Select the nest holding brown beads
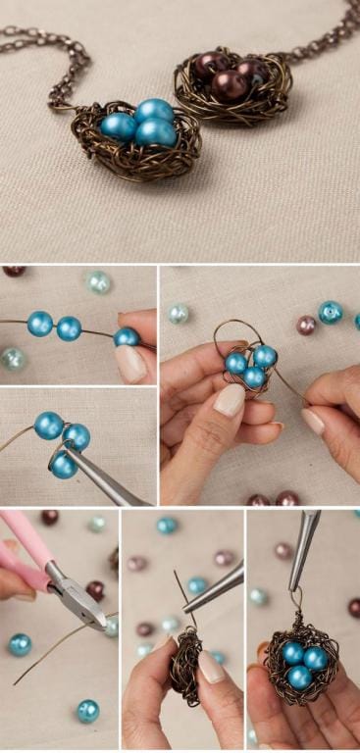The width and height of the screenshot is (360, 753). (222, 83)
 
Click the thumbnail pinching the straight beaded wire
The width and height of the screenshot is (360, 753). (129, 364)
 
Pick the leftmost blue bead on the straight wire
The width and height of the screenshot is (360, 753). (39, 324)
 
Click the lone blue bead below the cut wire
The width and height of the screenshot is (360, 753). (88, 710)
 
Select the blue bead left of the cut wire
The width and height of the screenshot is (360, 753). (20, 643)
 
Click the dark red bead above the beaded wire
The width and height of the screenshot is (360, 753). (14, 271)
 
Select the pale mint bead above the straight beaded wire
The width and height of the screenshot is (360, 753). (98, 282)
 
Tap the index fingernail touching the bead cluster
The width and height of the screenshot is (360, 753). (230, 398)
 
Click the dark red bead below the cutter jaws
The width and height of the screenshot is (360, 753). (95, 589)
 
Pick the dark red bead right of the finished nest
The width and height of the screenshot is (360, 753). (354, 607)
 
